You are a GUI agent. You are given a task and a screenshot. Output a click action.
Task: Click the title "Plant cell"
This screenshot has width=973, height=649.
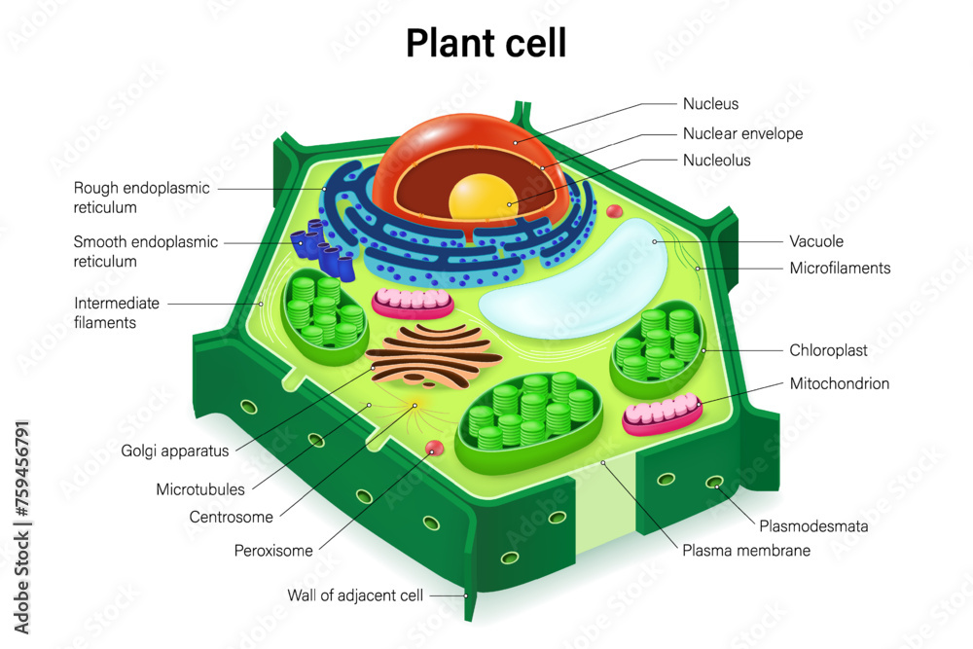coord(486,44)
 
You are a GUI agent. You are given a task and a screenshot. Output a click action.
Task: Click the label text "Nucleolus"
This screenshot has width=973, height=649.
coord(716,161)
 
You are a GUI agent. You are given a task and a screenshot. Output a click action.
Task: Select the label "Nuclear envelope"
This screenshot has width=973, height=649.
coord(742,133)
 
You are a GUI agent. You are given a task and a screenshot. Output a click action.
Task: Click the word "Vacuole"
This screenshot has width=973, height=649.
coord(816,241)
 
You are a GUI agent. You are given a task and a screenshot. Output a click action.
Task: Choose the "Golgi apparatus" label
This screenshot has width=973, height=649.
coord(175,451)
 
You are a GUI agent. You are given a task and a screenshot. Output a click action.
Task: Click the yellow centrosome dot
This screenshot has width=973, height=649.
coord(416,406)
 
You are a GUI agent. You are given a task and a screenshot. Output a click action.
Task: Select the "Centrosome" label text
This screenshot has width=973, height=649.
coord(231,517)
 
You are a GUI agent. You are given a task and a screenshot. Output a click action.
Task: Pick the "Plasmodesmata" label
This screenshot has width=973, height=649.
coord(813,526)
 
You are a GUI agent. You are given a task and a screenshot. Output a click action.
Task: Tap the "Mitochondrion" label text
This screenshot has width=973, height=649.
coord(840,383)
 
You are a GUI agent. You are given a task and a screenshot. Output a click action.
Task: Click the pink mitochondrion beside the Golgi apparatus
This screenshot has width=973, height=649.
coord(414,302)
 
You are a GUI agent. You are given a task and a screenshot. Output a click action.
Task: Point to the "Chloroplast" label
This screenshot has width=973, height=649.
coord(828,350)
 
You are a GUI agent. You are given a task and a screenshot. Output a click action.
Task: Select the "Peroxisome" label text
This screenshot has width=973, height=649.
coord(273,551)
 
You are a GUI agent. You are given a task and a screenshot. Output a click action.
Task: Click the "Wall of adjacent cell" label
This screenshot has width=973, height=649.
coord(355,595)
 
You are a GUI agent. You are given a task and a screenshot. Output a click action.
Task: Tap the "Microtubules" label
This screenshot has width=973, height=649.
coord(200,489)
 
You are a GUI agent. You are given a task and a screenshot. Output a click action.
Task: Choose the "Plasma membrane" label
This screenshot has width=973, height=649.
coord(746,551)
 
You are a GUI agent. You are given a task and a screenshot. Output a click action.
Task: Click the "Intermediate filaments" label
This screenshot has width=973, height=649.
coord(117,312)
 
